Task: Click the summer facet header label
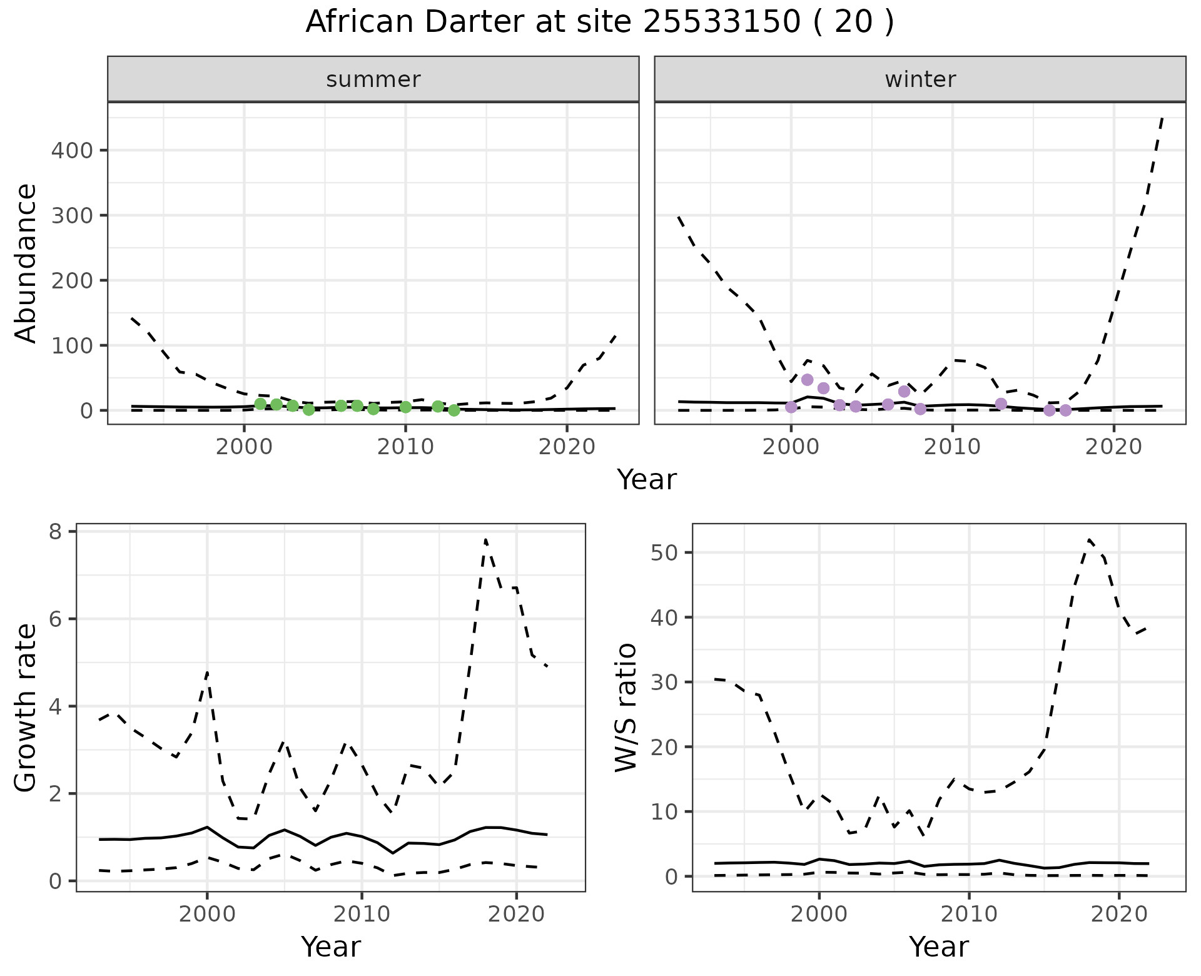point(373,79)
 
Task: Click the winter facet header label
point(920,79)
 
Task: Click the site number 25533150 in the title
point(721,23)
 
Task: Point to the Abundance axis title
point(26,263)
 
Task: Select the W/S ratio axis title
point(626,707)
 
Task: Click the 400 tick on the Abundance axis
point(71,150)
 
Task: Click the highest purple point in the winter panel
point(807,380)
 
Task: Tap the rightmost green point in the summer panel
point(454,410)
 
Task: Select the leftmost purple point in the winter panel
point(791,407)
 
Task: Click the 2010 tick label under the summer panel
point(405,447)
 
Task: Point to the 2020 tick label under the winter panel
point(1113,447)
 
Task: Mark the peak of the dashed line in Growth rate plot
point(485,539)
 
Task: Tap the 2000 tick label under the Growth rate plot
point(206,914)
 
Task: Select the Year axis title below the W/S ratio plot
point(938,947)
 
